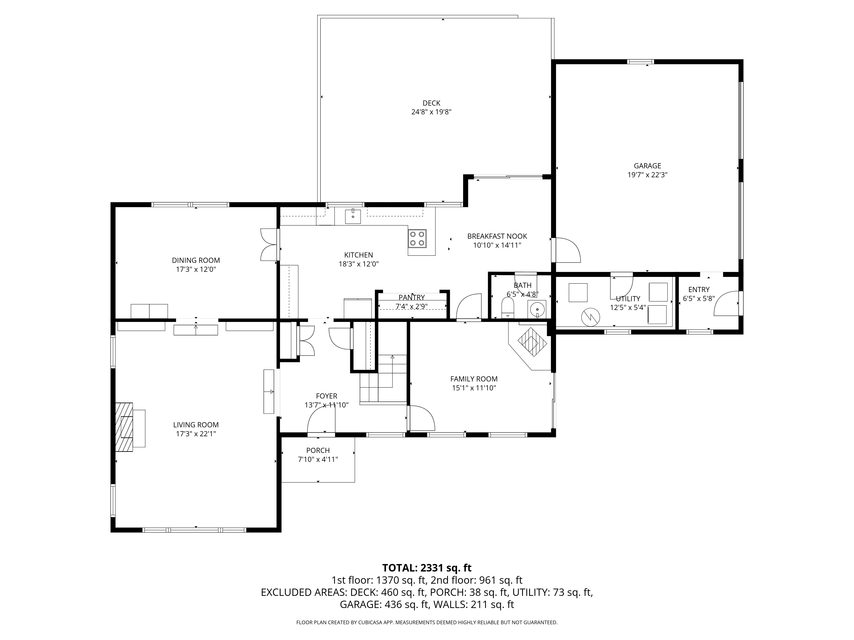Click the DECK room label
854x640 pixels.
coord(431,103)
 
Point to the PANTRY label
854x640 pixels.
coord(412,297)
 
